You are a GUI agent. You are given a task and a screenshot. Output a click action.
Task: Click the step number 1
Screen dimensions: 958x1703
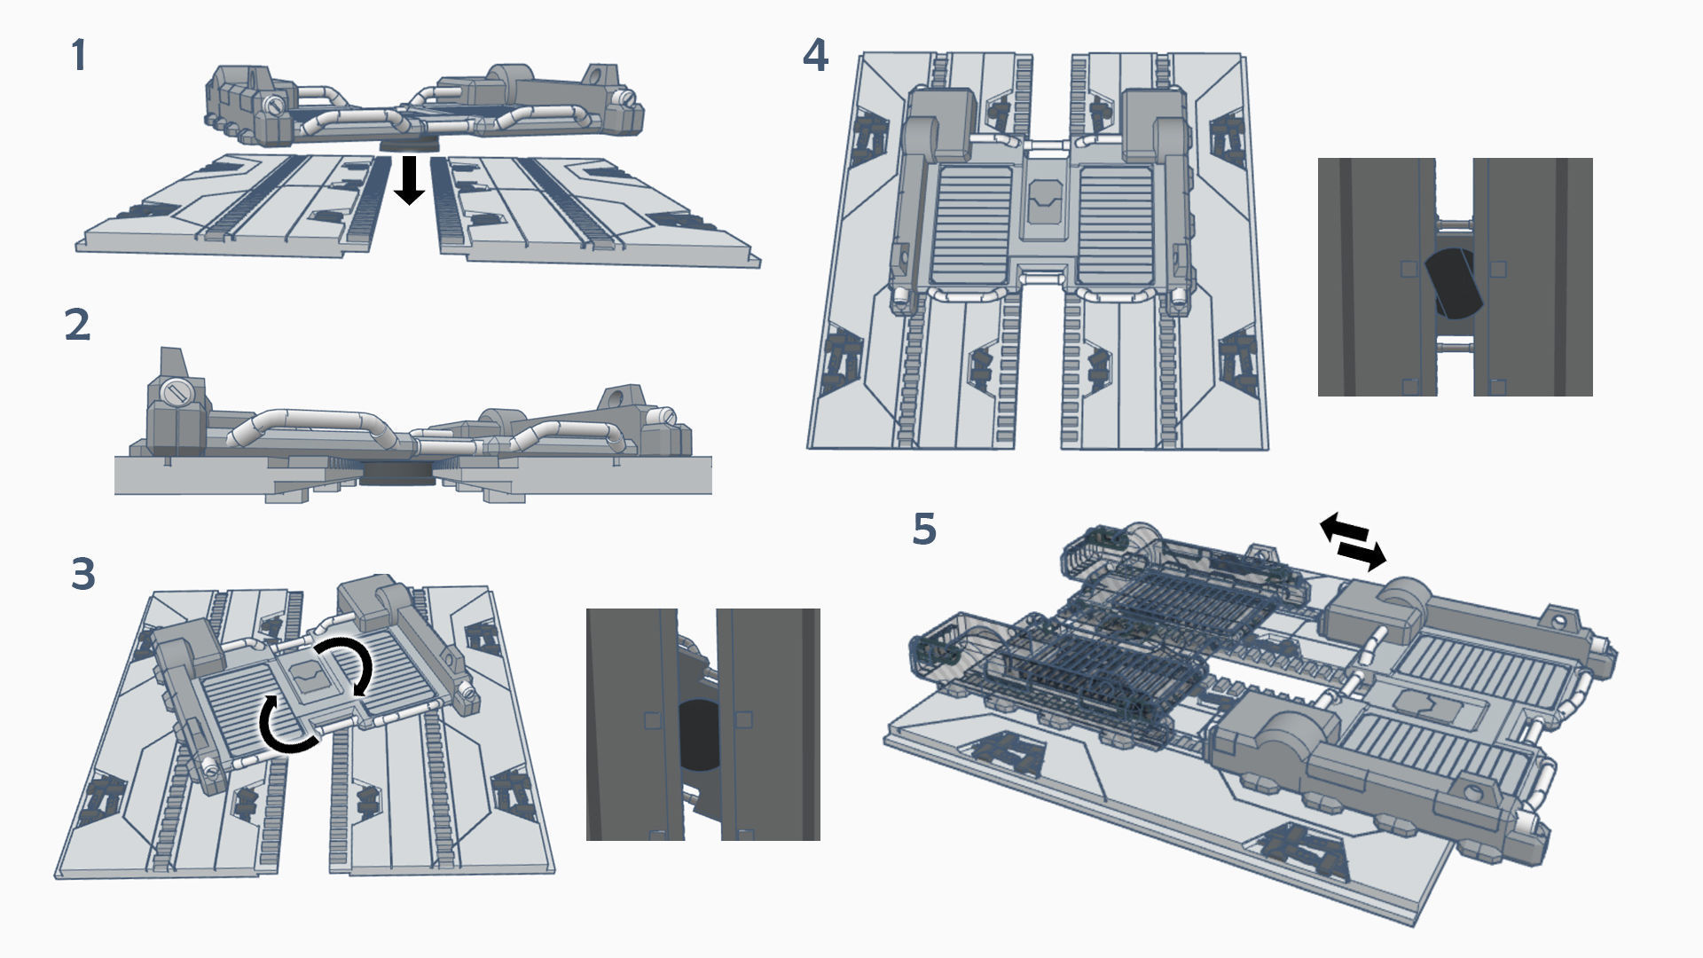coord(79,56)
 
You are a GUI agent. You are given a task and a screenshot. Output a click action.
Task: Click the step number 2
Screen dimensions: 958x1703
coord(78,326)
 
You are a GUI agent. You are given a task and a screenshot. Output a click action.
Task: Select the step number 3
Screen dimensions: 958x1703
coord(82,575)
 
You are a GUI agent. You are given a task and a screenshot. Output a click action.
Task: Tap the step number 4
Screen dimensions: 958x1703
coord(815,56)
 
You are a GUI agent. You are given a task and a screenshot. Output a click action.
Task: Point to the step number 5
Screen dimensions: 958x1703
coord(924,530)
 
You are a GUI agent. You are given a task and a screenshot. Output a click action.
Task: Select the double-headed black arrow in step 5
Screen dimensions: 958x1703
coord(1353,541)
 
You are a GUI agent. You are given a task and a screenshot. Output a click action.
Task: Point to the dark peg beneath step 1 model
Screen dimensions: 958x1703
coord(409,145)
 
